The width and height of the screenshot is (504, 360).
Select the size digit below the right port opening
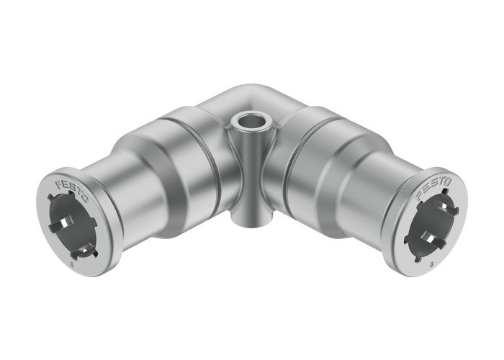431,265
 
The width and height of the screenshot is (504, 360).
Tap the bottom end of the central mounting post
249,217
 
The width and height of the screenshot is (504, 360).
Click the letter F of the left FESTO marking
58,184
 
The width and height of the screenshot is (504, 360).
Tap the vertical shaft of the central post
249,173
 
